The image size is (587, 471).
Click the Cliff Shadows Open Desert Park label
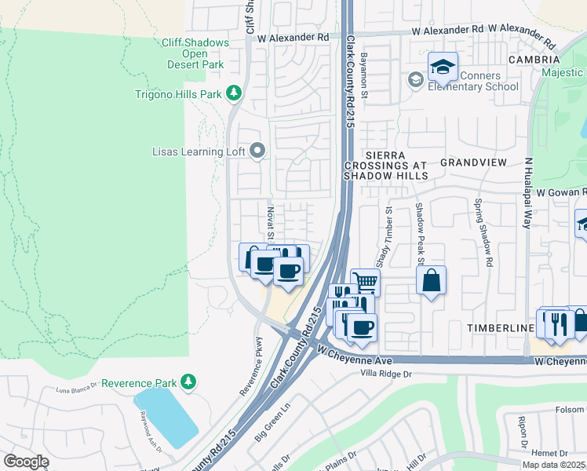click(x=195, y=53)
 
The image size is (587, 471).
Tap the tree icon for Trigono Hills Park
click(x=233, y=94)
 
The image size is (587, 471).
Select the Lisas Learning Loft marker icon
click(x=257, y=151)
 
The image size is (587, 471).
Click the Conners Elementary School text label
click(x=473, y=81)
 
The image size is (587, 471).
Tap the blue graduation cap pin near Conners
click(x=443, y=67)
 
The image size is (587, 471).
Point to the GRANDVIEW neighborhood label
click(x=473, y=162)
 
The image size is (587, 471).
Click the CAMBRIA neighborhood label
click(x=534, y=60)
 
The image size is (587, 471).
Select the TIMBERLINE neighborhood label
click(x=490, y=328)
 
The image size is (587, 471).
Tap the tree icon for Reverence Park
click(x=188, y=382)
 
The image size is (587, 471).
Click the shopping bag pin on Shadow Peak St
click(x=431, y=280)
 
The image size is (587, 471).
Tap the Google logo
click(x=26, y=462)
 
